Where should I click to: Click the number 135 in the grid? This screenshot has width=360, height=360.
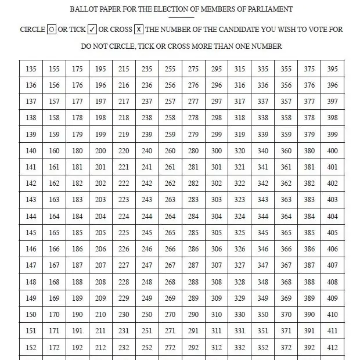coord(31,69)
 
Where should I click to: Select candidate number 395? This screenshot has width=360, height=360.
coord(332,69)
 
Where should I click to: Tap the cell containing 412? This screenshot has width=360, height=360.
coord(332,348)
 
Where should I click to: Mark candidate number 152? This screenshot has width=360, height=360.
coord(31,348)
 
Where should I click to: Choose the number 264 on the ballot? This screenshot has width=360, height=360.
coord(170,217)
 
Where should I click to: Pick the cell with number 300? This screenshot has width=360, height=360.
coord(217,151)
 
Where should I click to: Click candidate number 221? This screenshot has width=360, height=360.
coord(124,167)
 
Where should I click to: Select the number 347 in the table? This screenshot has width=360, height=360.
coord(263,265)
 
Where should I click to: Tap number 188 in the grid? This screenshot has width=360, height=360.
coord(77,282)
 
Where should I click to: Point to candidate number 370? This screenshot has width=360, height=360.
coord(286,315)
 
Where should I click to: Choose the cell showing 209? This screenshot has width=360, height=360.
coord(100,298)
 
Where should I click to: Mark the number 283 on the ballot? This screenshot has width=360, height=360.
coord(193,200)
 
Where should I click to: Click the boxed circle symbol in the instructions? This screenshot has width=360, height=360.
coord(51,30)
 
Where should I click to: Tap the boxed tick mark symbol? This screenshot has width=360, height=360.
coord(92,30)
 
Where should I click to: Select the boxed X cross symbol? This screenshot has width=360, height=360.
coord(139,30)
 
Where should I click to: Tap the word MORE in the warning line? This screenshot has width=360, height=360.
coord(219,46)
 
